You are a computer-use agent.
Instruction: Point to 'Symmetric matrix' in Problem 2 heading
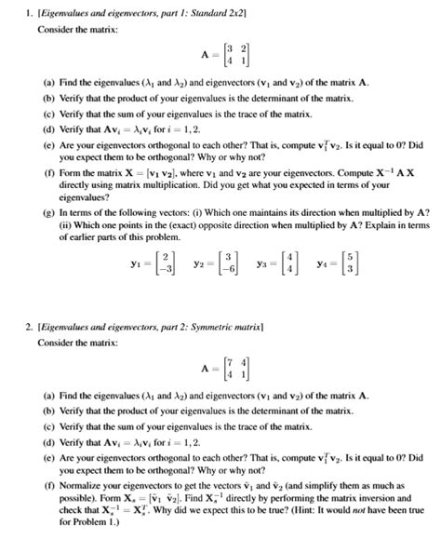click(223, 326)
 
